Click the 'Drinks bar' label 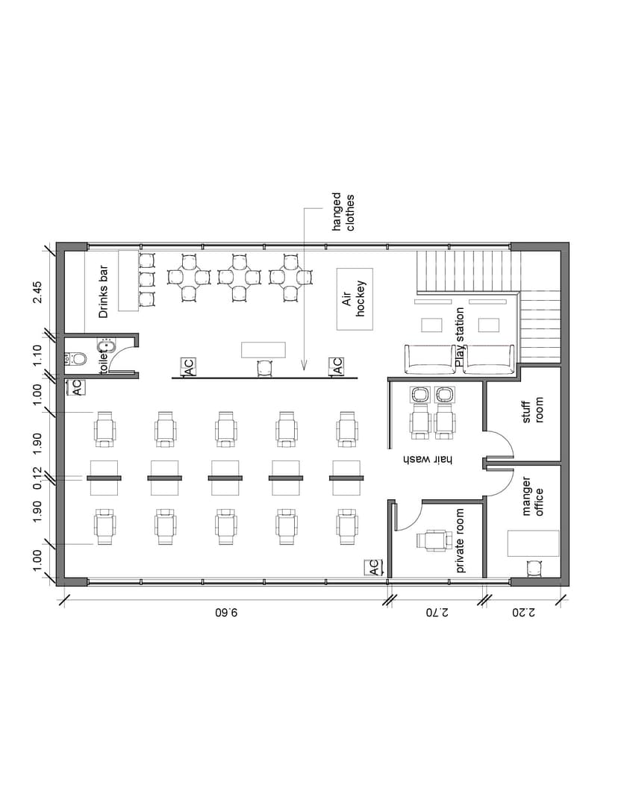coord(104,291)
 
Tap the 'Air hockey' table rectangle coord(355,299)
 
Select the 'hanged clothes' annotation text coord(343,212)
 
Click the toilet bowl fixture coord(77,358)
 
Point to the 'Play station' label coord(460,337)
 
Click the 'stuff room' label coord(532,410)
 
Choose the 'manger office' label coord(532,496)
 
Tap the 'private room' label coord(460,540)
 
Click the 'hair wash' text coord(428,459)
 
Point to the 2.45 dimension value coord(37,292)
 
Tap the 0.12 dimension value coord(37,478)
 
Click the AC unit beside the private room coord(373,567)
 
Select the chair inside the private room coord(434,540)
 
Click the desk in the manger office coord(533,543)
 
